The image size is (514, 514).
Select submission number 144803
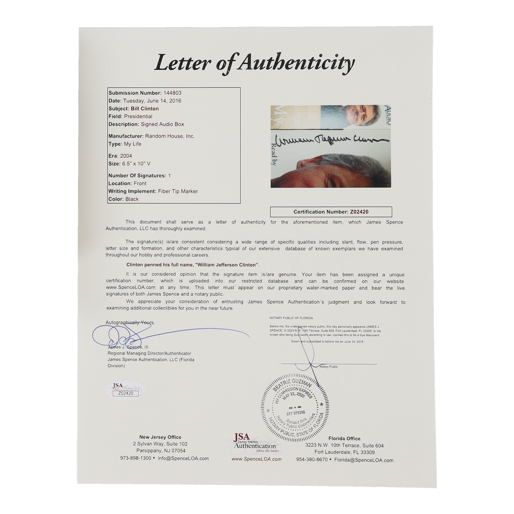(172, 93)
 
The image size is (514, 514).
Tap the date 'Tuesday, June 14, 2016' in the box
(152, 101)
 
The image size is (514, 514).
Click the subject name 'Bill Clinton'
(145, 109)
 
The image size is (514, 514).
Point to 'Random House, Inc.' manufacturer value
(170, 136)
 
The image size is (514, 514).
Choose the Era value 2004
(126, 156)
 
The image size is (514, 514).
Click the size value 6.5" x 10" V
(136, 164)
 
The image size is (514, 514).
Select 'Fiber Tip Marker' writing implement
(178, 191)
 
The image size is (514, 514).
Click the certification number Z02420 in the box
(359, 212)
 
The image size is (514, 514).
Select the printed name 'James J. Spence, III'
(128, 347)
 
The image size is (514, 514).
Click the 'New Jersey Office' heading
(160, 437)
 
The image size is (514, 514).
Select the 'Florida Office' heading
(344, 439)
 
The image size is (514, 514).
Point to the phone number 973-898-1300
(136, 458)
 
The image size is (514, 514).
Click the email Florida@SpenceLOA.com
(364, 460)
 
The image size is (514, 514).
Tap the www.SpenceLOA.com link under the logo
(256, 459)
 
